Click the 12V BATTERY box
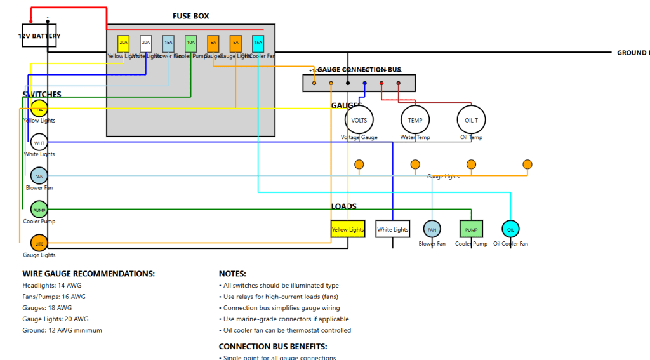click(39, 36)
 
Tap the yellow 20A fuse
click(123, 43)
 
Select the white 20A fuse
click(146, 43)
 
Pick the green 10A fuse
click(190, 43)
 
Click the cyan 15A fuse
click(258, 43)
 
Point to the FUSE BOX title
click(190, 16)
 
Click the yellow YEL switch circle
click(39, 109)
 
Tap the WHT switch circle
click(39, 142)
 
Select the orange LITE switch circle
click(39, 243)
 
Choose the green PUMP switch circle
click(39, 210)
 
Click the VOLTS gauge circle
click(359, 119)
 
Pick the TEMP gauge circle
click(415, 119)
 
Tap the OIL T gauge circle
click(472, 119)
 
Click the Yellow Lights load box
click(348, 229)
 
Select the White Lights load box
click(392, 229)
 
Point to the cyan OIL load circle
click(510, 229)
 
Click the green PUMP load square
click(471, 229)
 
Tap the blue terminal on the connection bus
click(364, 83)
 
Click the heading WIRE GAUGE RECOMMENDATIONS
click(89, 274)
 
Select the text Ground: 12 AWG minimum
click(62, 330)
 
